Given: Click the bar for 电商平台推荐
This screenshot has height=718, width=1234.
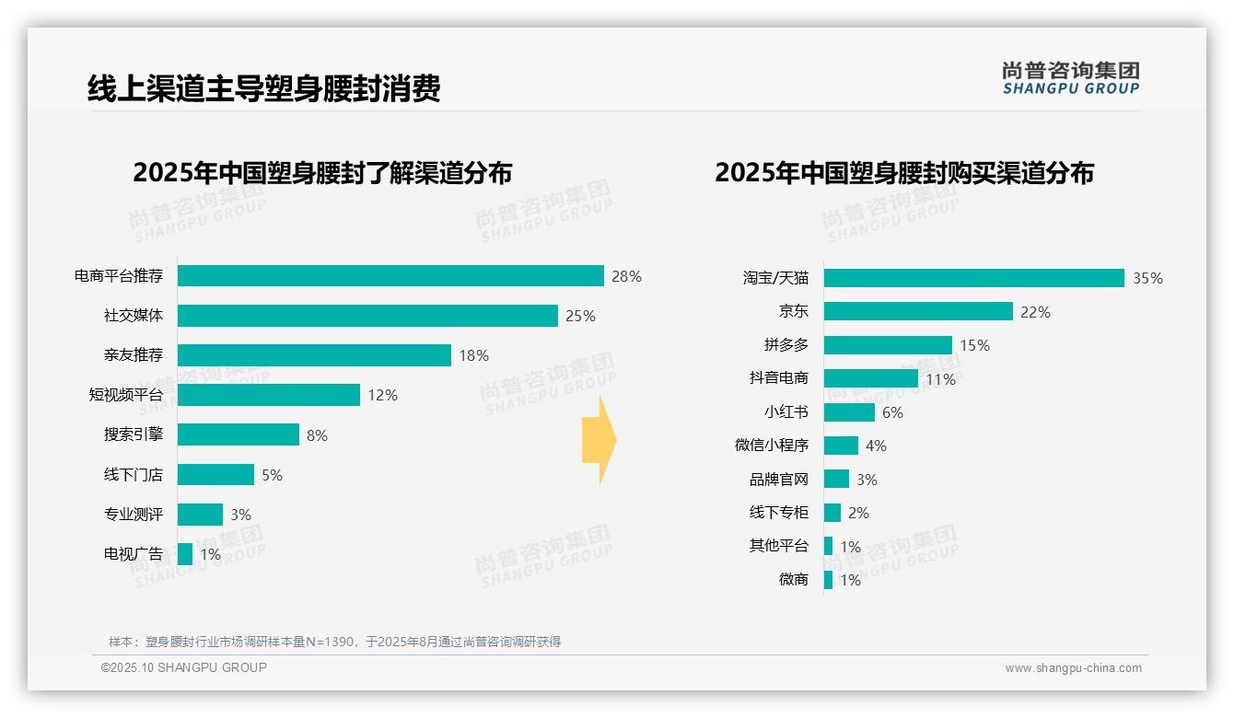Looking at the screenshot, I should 390,276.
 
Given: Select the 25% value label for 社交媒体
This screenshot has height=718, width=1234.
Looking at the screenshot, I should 580,316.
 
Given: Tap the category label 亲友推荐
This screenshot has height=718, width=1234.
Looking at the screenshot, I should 134,355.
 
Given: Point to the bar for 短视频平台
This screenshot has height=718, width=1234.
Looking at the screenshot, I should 269,395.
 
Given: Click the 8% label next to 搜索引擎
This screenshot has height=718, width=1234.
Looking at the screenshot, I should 317,435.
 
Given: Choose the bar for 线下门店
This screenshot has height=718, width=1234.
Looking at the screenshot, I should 215,475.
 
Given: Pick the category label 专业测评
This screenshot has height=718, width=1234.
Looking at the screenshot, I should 134,515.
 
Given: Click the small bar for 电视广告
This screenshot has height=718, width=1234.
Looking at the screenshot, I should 185,554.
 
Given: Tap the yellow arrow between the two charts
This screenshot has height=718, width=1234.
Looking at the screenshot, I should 599,440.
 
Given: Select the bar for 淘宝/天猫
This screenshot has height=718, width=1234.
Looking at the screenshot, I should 973,278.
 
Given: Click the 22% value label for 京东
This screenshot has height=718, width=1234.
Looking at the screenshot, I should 1035,312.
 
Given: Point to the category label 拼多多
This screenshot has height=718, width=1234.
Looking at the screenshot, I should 786,345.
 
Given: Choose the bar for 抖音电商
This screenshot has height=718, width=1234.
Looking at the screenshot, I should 870,378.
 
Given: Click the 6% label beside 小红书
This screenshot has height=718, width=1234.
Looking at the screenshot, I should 892,412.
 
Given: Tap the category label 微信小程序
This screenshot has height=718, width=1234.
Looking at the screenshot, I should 772,446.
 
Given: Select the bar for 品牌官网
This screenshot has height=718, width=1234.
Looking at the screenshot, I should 836,479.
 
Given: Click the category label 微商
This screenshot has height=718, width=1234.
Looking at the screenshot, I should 793,579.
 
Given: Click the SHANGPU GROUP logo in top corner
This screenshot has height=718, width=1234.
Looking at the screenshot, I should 1070,77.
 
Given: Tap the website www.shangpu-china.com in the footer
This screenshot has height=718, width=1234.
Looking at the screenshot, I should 1073,668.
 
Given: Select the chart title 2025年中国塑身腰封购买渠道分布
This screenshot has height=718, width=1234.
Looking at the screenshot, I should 903,173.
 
